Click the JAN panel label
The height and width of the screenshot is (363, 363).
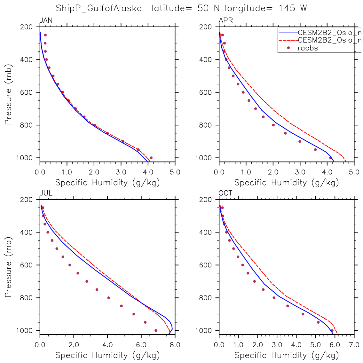[x=46, y=21]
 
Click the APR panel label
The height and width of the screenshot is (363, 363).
[x=225, y=21]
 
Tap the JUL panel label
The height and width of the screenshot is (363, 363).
[x=46, y=193]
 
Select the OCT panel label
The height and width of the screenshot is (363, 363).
[x=225, y=193]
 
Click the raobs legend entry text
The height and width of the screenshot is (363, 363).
[x=308, y=48]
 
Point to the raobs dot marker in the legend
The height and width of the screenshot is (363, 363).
[x=288, y=48]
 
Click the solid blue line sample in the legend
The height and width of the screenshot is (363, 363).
[x=288, y=33]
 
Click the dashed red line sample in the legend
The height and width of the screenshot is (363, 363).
[x=288, y=41]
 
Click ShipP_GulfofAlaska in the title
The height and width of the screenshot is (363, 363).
[x=99, y=8]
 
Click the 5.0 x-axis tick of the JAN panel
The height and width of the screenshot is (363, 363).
[x=175, y=172]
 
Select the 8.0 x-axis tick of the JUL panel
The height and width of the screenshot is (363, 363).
[x=175, y=345]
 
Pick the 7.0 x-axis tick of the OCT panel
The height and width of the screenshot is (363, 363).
[x=354, y=345]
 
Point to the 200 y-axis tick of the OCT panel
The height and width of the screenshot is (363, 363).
[x=207, y=200]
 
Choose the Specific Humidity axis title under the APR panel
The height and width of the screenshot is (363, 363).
[x=287, y=183]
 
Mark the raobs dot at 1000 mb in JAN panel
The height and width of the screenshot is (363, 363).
[x=151, y=158]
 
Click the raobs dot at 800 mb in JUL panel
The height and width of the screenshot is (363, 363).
[x=108, y=298]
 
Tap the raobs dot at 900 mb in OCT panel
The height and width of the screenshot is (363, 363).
[x=303, y=314]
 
